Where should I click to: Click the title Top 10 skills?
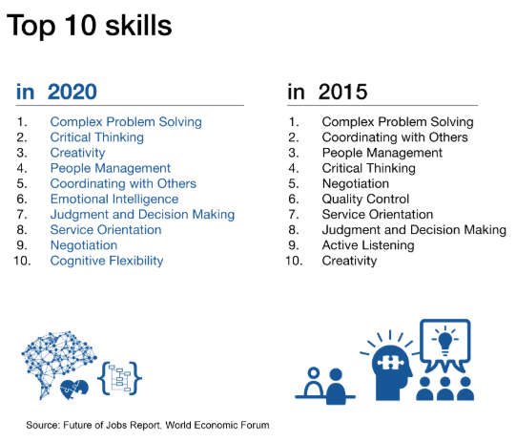[x=90, y=26]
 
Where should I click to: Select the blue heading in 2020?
[x=56, y=92]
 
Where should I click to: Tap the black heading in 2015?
[x=327, y=92]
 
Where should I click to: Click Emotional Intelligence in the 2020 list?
[x=114, y=199]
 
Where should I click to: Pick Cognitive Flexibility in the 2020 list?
[x=107, y=261]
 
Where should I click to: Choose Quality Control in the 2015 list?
[x=365, y=199]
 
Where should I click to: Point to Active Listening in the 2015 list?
[x=368, y=245]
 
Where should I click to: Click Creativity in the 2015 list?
[x=349, y=261]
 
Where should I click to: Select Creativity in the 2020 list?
[x=77, y=153]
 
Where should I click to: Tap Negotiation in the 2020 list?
[x=84, y=245]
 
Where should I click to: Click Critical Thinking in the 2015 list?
[x=369, y=168]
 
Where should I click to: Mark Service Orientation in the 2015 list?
[x=378, y=215]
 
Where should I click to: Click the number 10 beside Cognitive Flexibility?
[x=22, y=261]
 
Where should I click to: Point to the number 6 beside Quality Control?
[x=294, y=199]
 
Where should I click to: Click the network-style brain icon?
[x=58, y=359]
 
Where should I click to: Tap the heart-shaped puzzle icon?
[x=74, y=389]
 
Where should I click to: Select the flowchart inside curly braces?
[x=120, y=378]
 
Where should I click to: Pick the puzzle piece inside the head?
[x=391, y=363]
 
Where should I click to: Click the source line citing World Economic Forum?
[x=148, y=425]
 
